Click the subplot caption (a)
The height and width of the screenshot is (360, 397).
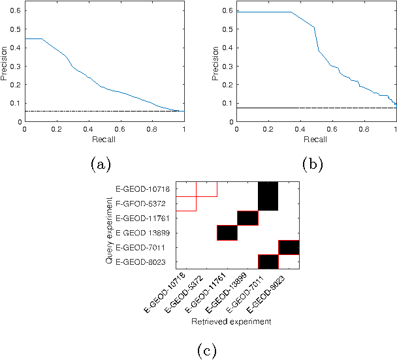click(98, 164)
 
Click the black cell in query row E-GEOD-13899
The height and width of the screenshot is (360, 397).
click(227, 233)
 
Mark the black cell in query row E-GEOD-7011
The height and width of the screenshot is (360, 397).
click(289, 247)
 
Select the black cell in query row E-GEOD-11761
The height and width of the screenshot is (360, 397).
click(247, 218)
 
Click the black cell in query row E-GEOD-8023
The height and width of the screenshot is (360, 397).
click(268, 262)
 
